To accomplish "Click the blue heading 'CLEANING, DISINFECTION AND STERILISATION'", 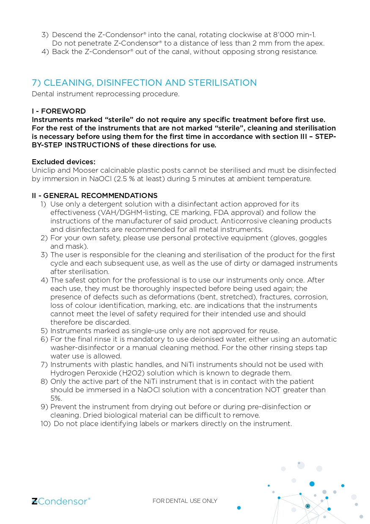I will coord(144,83).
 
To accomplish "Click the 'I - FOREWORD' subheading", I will coord(59,111).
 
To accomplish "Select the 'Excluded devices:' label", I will coord(63,162).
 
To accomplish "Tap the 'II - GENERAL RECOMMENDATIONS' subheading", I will coord(95,195).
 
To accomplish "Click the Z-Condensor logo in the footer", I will coord(61,501).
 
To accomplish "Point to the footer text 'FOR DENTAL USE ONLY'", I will coord(185,501).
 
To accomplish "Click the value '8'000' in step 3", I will coord(285,35).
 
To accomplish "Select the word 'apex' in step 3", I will coord(315,43).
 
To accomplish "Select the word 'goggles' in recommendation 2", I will coord(313,238).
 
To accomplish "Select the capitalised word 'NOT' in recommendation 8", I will coord(276,390).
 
